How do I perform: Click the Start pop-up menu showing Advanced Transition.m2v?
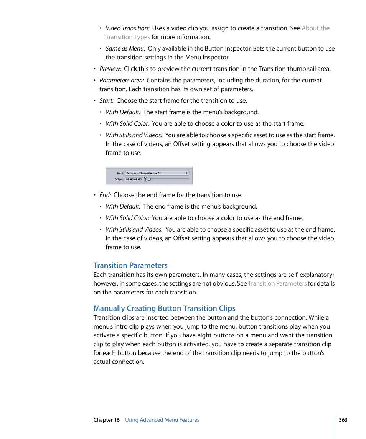[157, 173]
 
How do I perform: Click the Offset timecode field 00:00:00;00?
[134, 179]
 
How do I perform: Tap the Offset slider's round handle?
[149, 179]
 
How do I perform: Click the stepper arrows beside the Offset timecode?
[145, 179]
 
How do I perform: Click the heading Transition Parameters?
[130, 265]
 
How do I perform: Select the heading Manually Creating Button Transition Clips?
[164, 308]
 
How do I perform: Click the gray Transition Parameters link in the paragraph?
[277, 284]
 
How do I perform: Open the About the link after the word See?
[315, 28]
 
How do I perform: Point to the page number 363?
[343, 420]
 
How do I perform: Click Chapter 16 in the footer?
[106, 420]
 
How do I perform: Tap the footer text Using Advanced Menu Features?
[162, 420]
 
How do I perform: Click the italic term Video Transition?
[127, 28]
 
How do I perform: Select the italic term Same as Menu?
[125, 49]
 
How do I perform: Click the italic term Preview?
[110, 69]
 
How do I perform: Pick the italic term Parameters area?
[122, 81]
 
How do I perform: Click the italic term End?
[105, 195]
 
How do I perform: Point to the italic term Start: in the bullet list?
[106, 100]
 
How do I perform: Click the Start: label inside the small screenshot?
[119, 173]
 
